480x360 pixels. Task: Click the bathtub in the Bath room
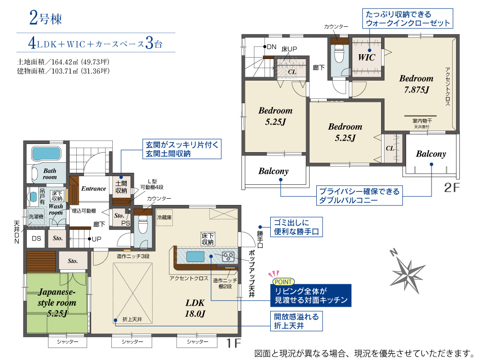point(46,154)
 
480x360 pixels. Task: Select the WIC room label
point(366,57)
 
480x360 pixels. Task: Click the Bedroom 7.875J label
point(416,84)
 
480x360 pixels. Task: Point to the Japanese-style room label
point(57,302)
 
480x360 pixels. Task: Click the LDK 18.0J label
point(195,308)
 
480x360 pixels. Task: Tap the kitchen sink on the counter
point(195,256)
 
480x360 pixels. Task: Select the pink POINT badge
point(283,282)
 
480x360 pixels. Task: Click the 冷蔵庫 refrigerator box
point(164,217)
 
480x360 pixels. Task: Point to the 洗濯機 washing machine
point(36,216)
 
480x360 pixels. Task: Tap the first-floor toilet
point(143,225)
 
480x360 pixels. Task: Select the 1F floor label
point(234,343)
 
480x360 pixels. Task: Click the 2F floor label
point(452,188)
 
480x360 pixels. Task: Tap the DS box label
point(36,239)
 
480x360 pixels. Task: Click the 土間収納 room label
point(121,187)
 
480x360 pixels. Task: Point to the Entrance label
point(94,189)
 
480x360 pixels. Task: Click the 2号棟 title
point(46,18)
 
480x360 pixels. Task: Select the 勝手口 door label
point(260,239)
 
